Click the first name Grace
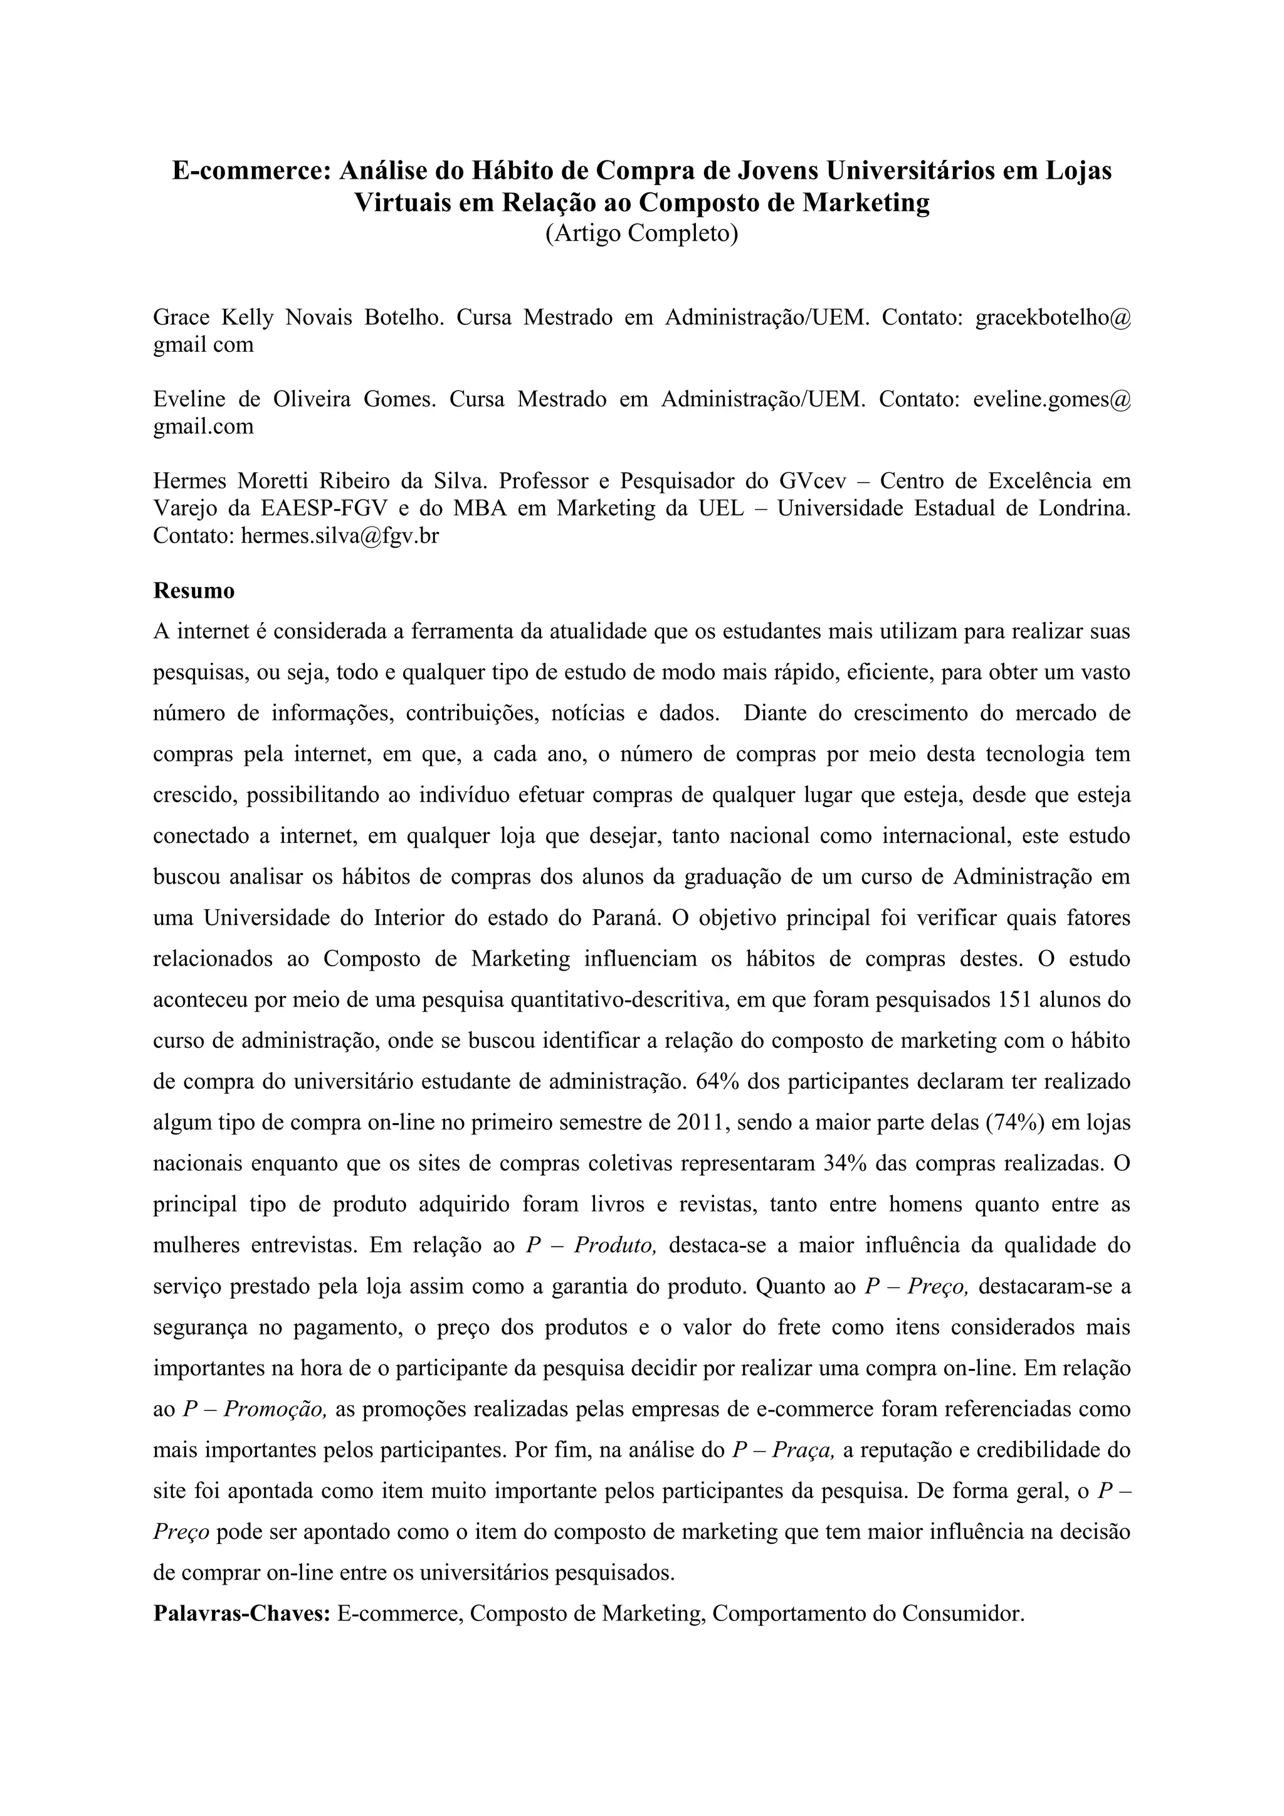181,318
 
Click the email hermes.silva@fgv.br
340,536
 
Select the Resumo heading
194,591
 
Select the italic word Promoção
275,1408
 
